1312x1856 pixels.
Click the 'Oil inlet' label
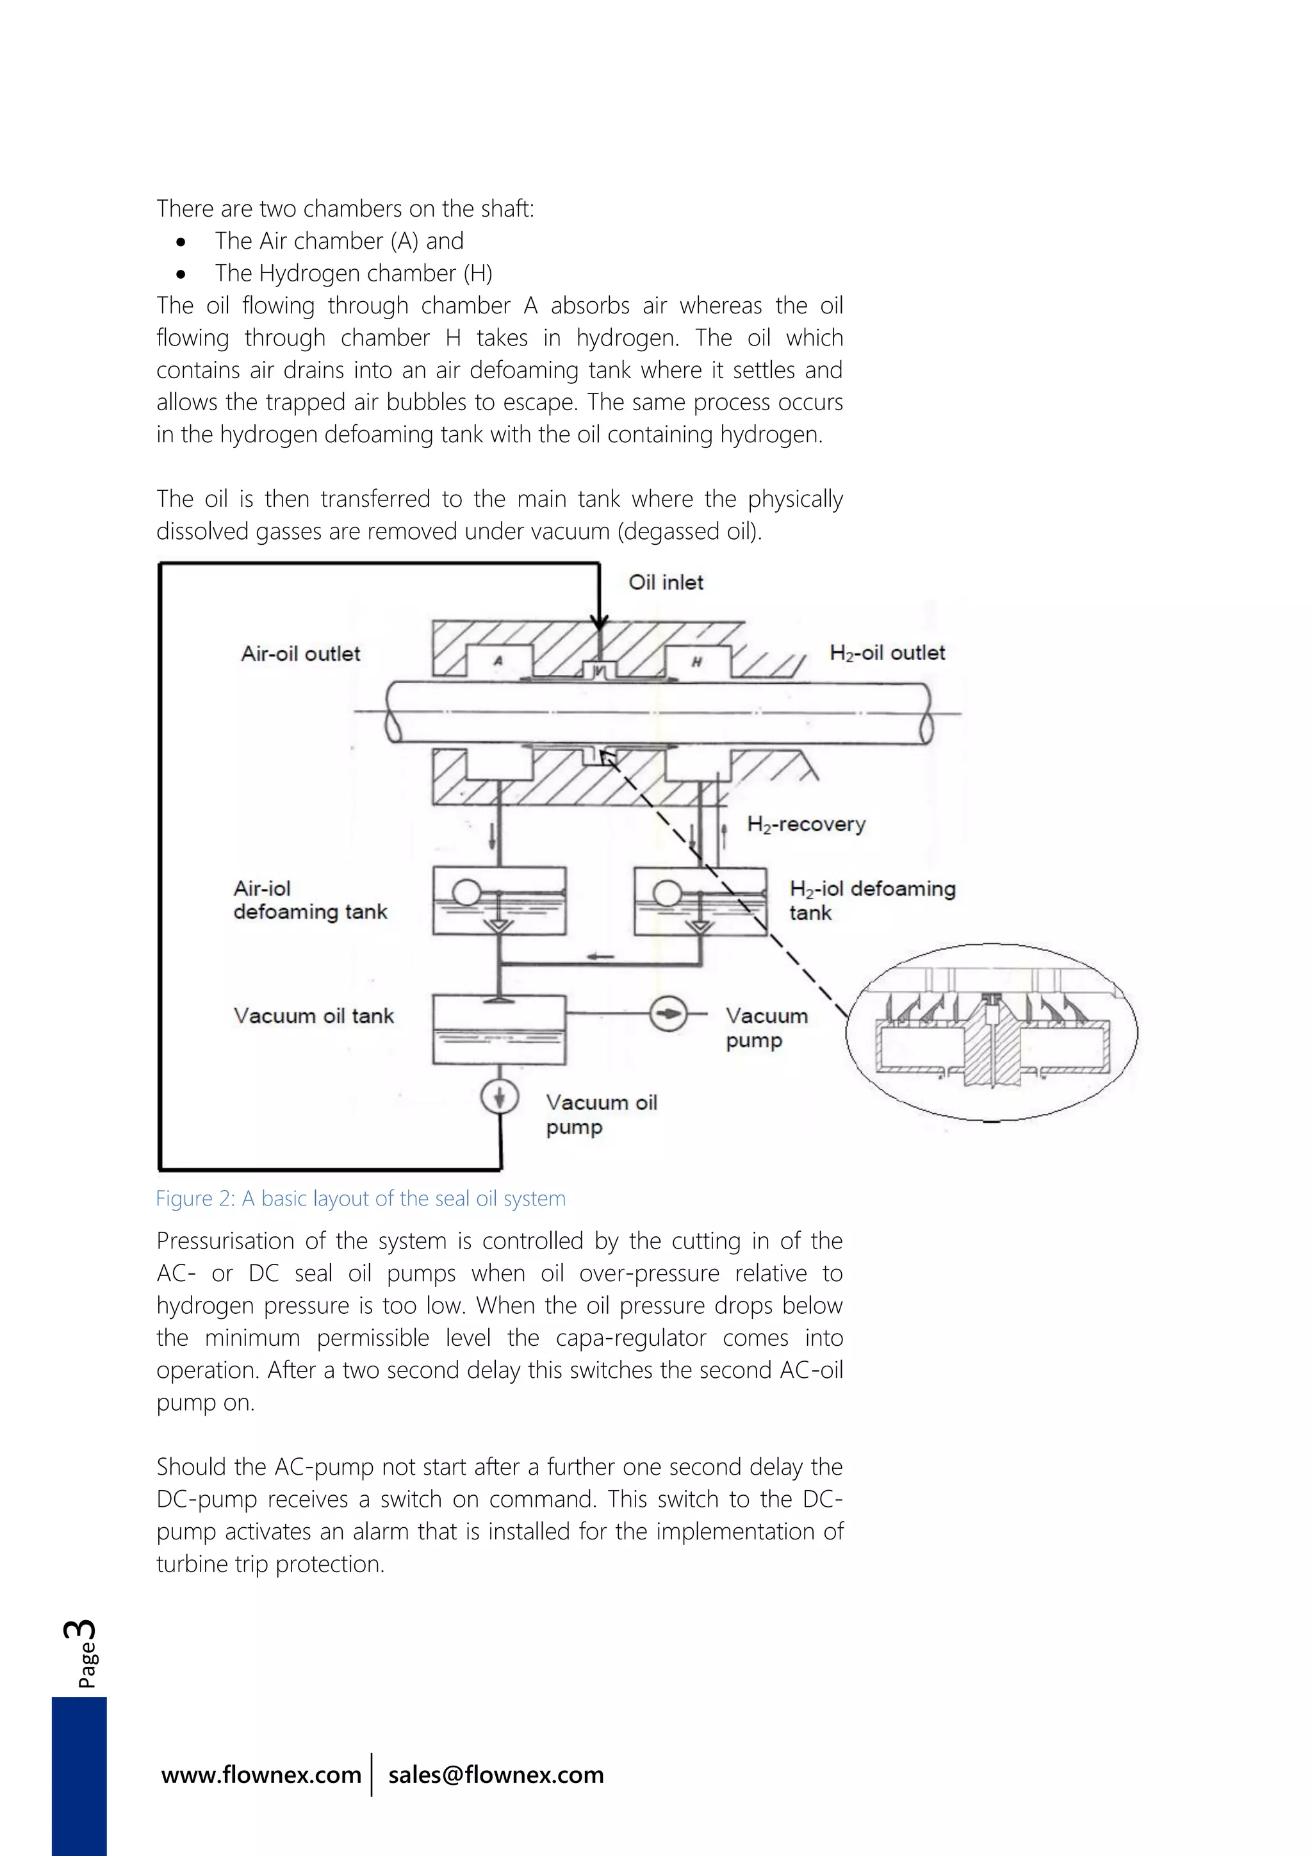point(665,582)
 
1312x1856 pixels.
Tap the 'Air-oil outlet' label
point(300,653)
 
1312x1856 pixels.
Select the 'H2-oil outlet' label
point(887,653)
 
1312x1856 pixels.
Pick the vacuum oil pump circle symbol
point(499,1097)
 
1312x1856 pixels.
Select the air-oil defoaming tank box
point(498,901)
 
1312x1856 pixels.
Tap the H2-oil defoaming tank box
point(700,901)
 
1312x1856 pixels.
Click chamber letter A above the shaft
point(498,661)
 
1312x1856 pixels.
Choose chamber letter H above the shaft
point(696,662)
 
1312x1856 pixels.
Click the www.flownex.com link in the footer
point(261,1775)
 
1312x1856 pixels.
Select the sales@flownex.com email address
point(495,1775)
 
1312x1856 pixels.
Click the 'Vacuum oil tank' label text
point(313,1015)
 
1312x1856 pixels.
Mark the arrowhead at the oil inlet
point(598,622)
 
